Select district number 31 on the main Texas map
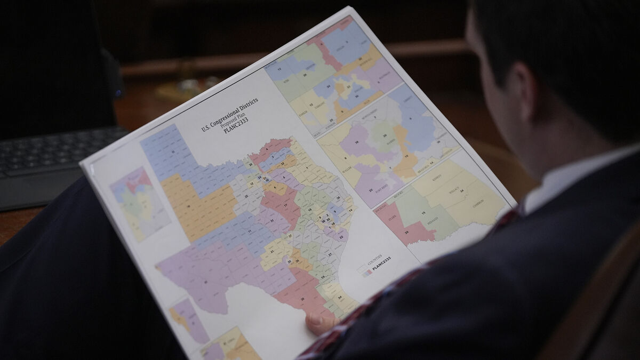(x=273, y=221)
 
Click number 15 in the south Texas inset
(x=423, y=213)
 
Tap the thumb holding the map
(x=321, y=322)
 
